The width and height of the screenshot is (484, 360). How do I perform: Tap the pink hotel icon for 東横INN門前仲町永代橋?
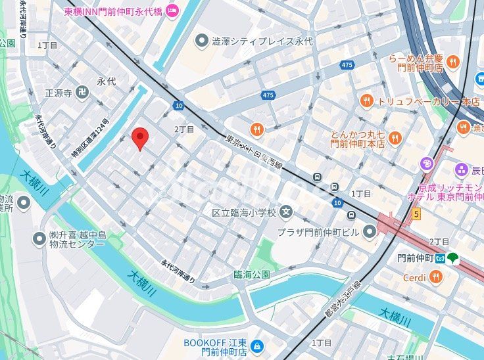click(x=172, y=9)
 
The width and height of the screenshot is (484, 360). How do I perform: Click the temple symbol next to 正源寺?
click(x=82, y=93)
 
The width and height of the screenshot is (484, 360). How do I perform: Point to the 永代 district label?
click(x=106, y=81)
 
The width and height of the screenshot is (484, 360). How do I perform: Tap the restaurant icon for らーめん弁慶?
click(x=452, y=63)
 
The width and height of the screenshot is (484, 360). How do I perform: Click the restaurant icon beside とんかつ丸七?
click(x=395, y=138)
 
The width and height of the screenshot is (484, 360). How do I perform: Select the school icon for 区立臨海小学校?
click(x=286, y=212)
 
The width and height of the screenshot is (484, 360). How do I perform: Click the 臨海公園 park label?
click(x=252, y=275)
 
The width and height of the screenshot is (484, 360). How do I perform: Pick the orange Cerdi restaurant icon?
click(x=435, y=278)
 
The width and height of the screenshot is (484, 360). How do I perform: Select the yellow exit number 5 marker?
click(x=416, y=214)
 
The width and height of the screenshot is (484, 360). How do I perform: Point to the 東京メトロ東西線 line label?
click(x=253, y=152)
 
